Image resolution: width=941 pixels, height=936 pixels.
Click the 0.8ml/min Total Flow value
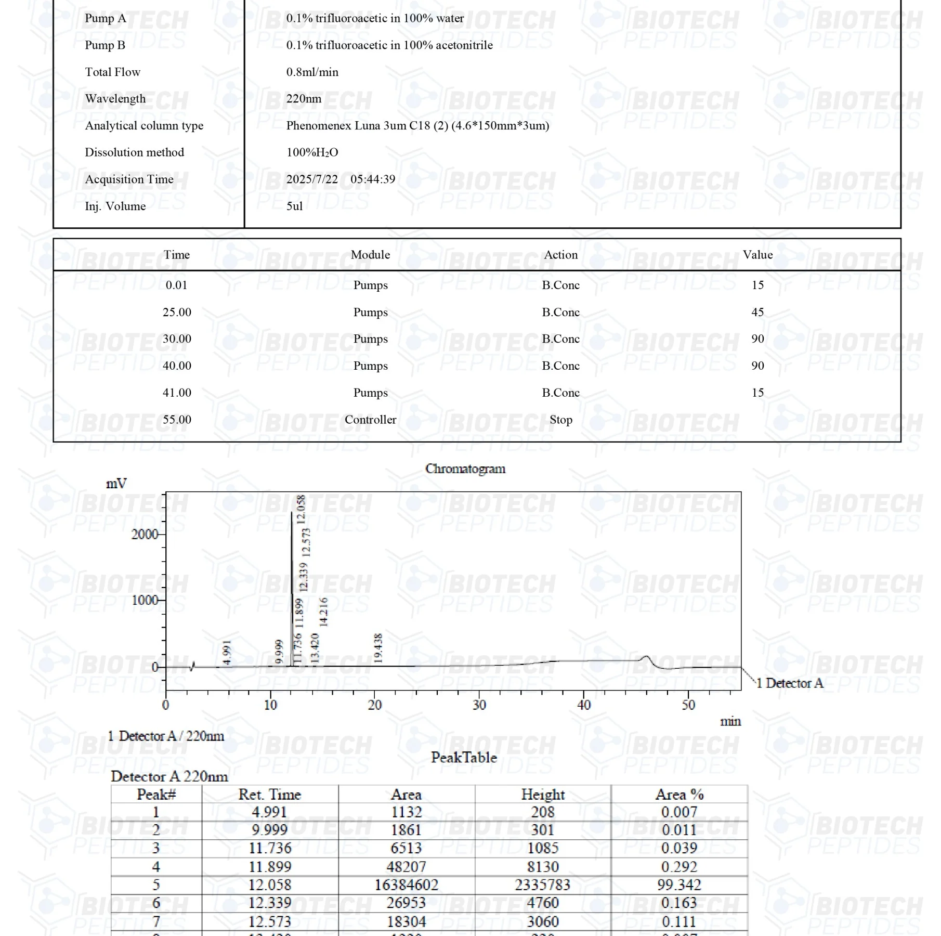click(x=312, y=72)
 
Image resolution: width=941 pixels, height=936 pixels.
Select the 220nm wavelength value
click(x=304, y=99)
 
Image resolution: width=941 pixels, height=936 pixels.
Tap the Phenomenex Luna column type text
click(x=417, y=126)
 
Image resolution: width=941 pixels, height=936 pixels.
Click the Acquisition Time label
click(x=129, y=179)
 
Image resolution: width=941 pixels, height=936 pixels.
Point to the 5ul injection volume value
click(x=294, y=206)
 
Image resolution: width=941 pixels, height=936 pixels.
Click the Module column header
click(x=370, y=255)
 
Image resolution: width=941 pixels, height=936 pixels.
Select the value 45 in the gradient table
click(x=757, y=312)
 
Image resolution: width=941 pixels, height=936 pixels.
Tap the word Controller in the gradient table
click(x=370, y=420)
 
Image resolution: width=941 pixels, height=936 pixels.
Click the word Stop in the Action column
click(x=560, y=420)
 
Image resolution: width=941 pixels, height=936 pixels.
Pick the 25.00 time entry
click(x=177, y=312)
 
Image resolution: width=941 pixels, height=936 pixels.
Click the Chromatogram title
click(x=465, y=469)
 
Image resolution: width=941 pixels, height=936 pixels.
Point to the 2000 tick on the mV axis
click(x=145, y=534)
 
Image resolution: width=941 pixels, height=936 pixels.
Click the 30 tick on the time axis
click(x=479, y=705)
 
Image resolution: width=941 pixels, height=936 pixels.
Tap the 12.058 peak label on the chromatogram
click(x=301, y=509)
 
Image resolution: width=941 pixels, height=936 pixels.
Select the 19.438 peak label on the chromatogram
click(x=378, y=648)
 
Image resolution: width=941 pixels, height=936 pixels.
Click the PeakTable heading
click(x=464, y=757)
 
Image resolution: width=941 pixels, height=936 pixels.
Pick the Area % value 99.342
click(x=679, y=885)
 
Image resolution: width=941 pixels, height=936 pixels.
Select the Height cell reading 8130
click(x=543, y=867)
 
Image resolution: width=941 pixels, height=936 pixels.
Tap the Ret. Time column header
click(x=270, y=795)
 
